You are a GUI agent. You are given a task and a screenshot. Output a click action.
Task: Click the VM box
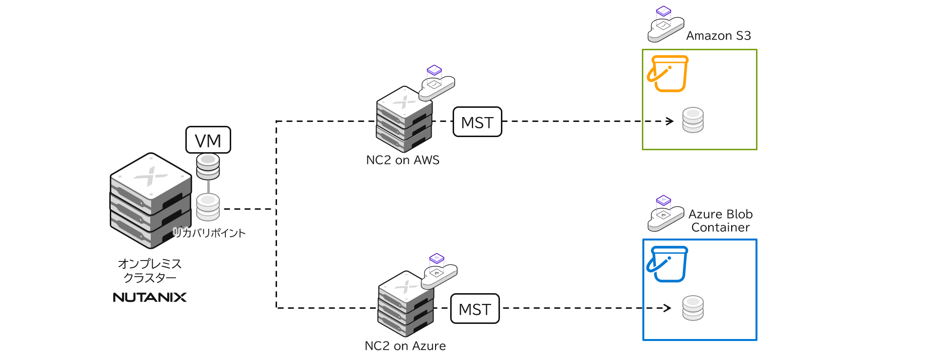(x=208, y=140)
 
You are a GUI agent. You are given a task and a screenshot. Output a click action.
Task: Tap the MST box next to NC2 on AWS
(x=477, y=122)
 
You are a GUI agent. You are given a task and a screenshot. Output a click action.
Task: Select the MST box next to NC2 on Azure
(x=475, y=309)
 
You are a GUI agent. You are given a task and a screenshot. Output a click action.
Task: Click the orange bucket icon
(x=668, y=74)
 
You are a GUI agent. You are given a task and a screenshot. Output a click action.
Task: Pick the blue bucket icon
(x=667, y=264)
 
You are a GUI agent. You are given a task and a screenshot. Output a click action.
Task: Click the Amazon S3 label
(x=718, y=36)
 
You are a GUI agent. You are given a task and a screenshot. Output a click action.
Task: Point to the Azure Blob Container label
(x=720, y=220)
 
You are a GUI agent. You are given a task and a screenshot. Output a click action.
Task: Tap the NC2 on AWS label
(x=402, y=160)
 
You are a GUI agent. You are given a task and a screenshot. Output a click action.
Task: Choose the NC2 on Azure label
(x=405, y=346)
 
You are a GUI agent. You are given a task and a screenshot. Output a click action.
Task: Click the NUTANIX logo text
(x=150, y=297)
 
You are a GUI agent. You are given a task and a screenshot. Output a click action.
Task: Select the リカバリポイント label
(x=209, y=233)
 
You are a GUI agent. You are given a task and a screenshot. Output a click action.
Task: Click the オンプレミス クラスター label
(x=150, y=271)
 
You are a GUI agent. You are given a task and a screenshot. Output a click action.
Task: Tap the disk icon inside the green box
(x=693, y=120)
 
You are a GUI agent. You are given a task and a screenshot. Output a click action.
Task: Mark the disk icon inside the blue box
(x=693, y=308)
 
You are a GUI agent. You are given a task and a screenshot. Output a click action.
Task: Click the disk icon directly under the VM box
(x=208, y=166)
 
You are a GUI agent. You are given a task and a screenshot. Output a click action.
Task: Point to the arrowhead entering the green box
(x=670, y=121)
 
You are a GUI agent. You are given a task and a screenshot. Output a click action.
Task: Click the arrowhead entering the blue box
(x=668, y=308)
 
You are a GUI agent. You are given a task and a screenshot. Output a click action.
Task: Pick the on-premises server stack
(x=151, y=200)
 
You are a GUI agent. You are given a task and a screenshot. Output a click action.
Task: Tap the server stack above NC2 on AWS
(x=404, y=120)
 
